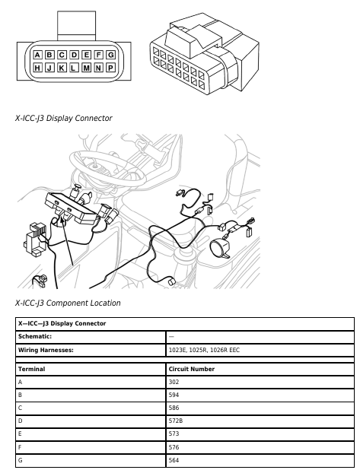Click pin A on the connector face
point(37,55)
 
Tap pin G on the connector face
point(111,55)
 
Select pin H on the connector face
point(37,68)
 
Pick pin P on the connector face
point(111,68)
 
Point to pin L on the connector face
point(74,68)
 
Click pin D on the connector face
point(74,55)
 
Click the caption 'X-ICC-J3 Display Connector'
point(64,118)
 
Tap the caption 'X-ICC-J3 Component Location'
point(68,303)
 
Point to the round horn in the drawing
point(220,248)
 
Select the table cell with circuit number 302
point(260,383)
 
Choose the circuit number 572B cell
point(260,421)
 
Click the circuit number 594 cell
point(260,395)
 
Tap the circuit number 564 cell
point(260,460)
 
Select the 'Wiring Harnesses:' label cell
point(91,350)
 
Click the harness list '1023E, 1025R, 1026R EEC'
point(204,350)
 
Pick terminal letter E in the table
point(20,433)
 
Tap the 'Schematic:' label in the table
point(35,336)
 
